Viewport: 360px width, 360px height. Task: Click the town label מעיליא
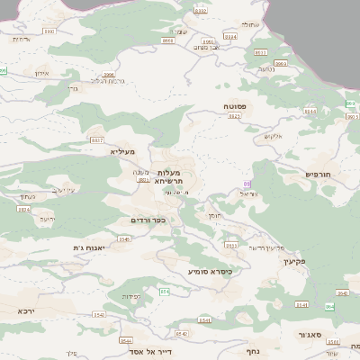pos(122,152)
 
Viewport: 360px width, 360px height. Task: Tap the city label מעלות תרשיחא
pos(169,176)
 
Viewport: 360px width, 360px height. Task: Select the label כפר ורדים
pos(148,220)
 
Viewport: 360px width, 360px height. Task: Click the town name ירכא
pos(26,310)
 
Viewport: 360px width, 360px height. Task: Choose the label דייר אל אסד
pos(151,351)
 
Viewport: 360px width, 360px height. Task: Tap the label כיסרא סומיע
pos(211,271)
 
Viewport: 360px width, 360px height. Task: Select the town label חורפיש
pos(319,174)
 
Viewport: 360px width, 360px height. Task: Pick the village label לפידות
pos(130,296)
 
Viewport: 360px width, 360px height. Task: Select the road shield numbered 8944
pos(310,111)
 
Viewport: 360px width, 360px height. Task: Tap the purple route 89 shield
pos(247,184)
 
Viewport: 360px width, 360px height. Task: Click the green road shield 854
pos(165,292)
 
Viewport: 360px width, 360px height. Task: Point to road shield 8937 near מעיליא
pos(96,140)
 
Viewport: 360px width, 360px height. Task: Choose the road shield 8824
pos(23,209)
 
